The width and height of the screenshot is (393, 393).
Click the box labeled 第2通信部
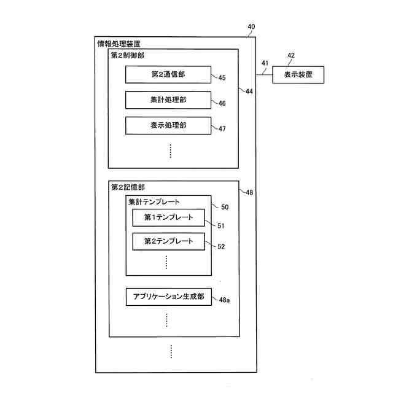pyautogui.click(x=168, y=74)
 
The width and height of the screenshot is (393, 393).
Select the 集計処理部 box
pyautogui.click(x=168, y=99)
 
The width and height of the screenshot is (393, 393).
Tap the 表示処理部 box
pyautogui.click(x=168, y=125)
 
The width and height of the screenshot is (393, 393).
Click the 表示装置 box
pyautogui.click(x=298, y=75)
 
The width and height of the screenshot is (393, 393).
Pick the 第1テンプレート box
pyautogui.click(x=168, y=217)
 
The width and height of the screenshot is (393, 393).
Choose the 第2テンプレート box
pyautogui.click(x=168, y=241)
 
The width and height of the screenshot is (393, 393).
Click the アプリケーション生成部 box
pyautogui.click(x=168, y=297)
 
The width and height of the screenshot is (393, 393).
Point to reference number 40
pyautogui.click(x=251, y=27)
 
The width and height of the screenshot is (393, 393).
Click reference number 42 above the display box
pyautogui.click(x=291, y=55)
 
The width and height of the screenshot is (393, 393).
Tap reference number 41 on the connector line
pyautogui.click(x=265, y=63)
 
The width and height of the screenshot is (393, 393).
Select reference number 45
pyautogui.click(x=222, y=78)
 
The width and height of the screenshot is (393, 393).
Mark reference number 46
pyautogui.click(x=222, y=104)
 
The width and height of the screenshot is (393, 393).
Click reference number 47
pyautogui.click(x=222, y=129)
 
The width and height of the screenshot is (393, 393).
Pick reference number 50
pyautogui.click(x=224, y=208)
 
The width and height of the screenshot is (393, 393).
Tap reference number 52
pyautogui.click(x=221, y=246)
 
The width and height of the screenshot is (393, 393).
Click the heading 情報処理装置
pyautogui.click(x=119, y=44)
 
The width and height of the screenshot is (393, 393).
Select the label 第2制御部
pyautogui.click(x=126, y=55)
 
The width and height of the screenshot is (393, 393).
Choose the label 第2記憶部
pyautogui.click(x=128, y=187)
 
